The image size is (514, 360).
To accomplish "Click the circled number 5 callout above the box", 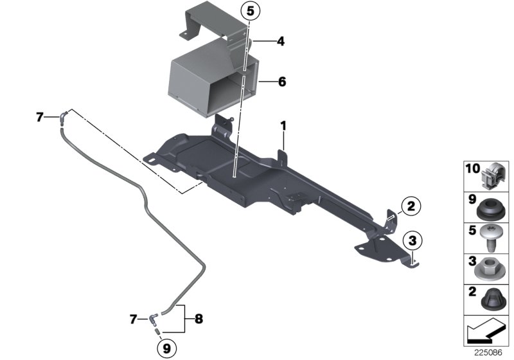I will [x=251, y=12].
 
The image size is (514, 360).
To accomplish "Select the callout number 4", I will [x=280, y=42].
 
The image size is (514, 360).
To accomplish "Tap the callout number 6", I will [x=281, y=82].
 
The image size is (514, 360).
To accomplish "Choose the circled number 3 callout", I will [x=411, y=241].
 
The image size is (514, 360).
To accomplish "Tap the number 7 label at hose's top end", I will [x=39, y=117].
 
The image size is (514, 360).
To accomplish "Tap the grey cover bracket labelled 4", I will [x=212, y=26].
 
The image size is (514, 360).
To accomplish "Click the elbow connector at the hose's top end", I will [x=63, y=116].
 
